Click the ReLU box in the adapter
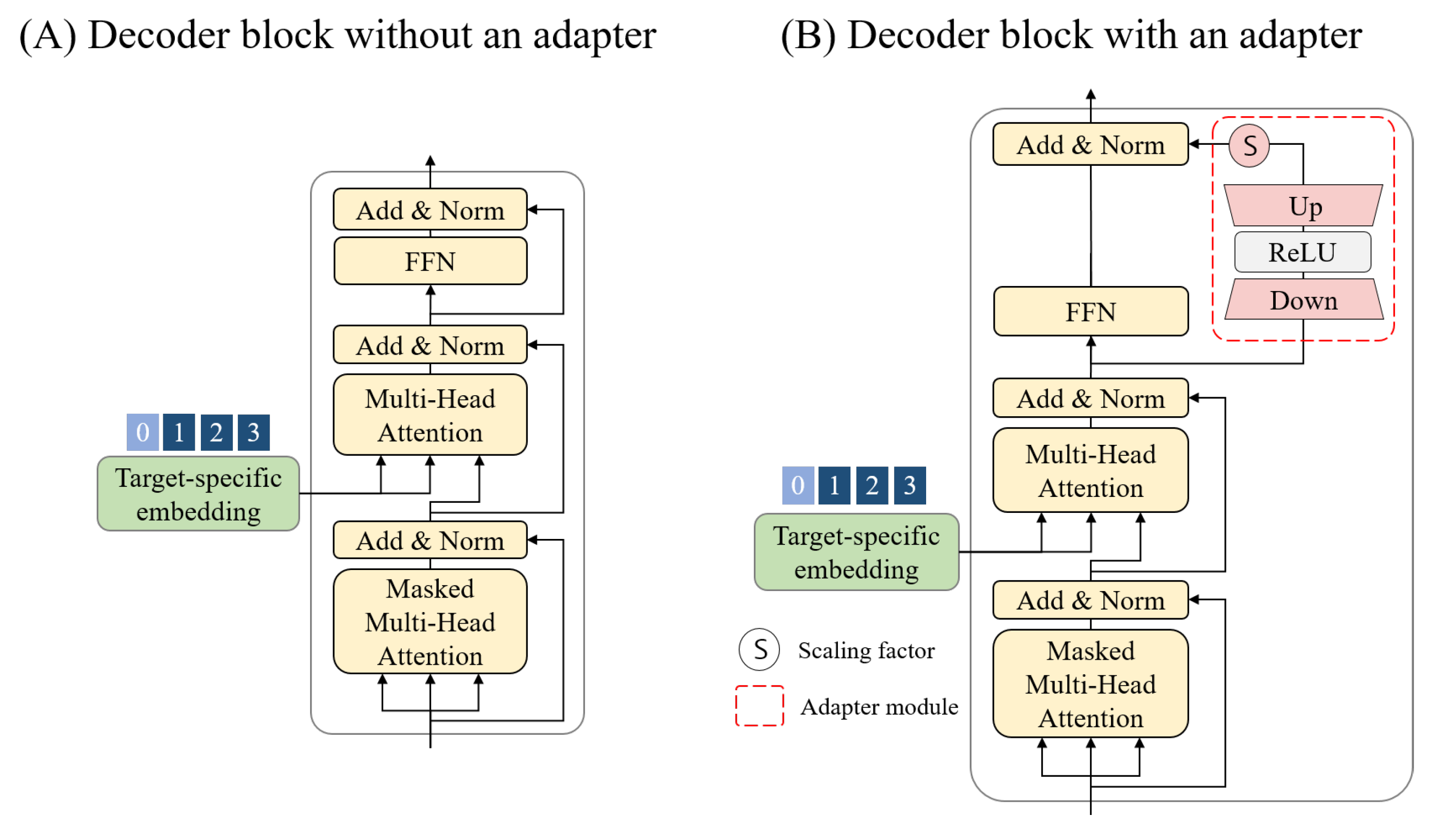pyautogui.click(x=1302, y=252)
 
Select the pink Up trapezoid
pyautogui.click(x=1302, y=206)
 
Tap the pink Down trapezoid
pyautogui.click(x=1302, y=300)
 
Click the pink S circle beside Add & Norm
pyautogui.click(x=1249, y=145)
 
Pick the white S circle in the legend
pyautogui.click(x=759, y=650)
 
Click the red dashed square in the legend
pyautogui.click(x=759, y=706)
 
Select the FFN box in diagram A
pyautogui.click(x=430, y=261)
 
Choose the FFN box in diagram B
pyautogui.click(x=1090, y=312)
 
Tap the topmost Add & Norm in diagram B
pyautogui.click(x=1090, y=144)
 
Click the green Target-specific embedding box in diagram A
pyautogui.click(x=198, y=494)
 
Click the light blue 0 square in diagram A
pyautogui.click(x=143, y=432)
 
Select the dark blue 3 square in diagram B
pyautogui.click(x=910, y=485)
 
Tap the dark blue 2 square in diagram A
pyautogui.click(x=216, y=432)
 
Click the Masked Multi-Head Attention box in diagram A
pyautogui.click(x=430, y=622)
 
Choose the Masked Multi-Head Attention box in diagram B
pyautogui.click(x=1090, y=684)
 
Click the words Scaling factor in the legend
pyautogui.click(x=866, y=650)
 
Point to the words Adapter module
pyautogui.click(x=879, y=706)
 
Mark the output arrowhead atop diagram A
pyautogui.click(x=430, y=160)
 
